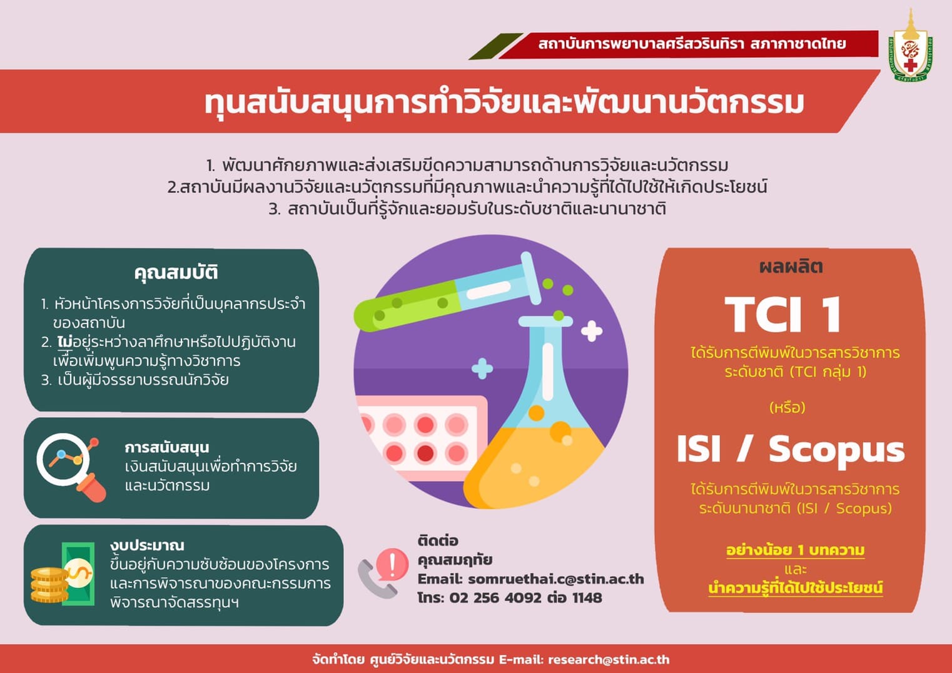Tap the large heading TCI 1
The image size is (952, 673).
point(783,314)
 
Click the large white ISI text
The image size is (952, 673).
point(699,448)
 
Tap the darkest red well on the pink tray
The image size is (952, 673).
point(425,453)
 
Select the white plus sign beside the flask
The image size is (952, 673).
point(592,331)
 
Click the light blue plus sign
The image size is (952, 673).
point(482,368)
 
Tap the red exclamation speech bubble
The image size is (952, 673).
point(392,564)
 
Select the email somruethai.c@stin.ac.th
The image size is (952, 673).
point(556,579)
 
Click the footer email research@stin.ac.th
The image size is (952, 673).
point(609,660)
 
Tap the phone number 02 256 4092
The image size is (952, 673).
point(495,598)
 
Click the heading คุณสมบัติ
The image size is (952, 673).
point(176,273)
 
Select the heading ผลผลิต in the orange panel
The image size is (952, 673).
point(791,267)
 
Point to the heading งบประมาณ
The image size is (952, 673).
point(147,546)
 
